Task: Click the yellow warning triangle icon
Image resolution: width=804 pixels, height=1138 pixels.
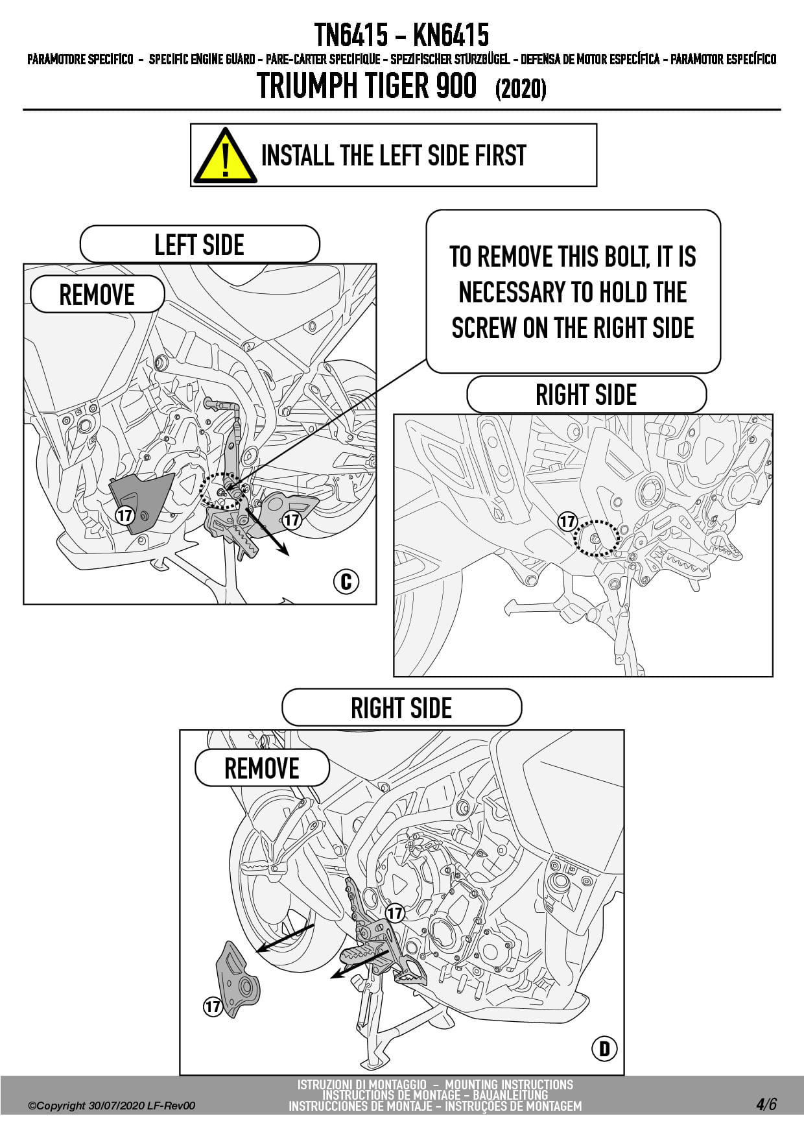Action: (224, 156)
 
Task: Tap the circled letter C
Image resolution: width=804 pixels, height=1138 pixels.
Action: (346, 581)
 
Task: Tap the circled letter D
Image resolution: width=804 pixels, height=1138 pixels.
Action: (604, 1048)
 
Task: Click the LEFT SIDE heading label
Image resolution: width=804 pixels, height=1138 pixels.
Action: (200, 245)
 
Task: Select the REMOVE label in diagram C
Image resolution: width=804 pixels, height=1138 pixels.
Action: (97, 295)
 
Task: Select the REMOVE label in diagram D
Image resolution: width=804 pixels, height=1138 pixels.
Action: (262, 768)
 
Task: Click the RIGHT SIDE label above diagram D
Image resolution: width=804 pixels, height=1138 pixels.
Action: (401, 707)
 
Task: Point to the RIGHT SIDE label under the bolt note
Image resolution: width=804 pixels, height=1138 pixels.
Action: (586, 394)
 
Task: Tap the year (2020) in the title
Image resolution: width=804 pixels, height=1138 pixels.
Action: (521, 89)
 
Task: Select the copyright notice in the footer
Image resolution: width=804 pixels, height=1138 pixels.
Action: (112, 1106)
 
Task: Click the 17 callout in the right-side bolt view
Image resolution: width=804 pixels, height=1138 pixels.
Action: (567, 521)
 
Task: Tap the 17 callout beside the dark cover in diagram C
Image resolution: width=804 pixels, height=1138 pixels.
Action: (124, 516)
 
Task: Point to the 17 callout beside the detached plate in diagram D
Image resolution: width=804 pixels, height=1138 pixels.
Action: (213, 1006)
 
